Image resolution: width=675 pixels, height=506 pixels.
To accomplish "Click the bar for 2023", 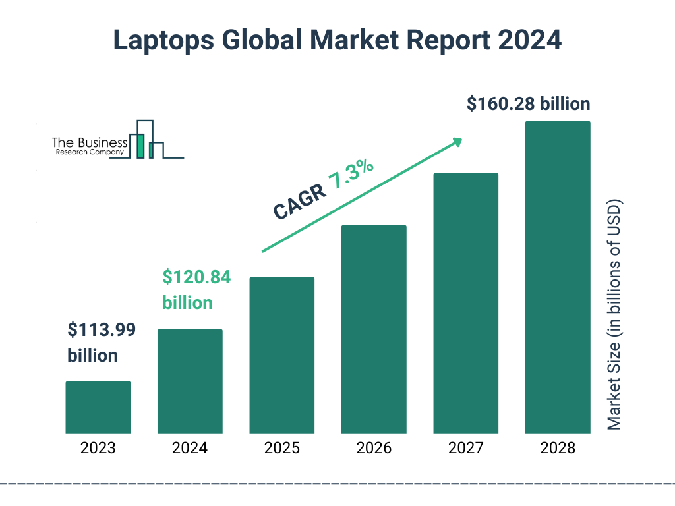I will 98,407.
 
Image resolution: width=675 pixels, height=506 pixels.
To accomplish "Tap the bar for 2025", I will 281,355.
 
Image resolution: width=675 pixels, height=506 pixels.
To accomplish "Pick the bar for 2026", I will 374,329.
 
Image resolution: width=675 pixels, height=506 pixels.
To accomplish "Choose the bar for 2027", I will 465,303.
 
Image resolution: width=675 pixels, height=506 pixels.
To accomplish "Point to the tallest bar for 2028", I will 558,277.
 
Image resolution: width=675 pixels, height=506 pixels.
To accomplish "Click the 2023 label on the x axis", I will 98,449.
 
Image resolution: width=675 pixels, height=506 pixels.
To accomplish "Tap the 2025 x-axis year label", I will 281,449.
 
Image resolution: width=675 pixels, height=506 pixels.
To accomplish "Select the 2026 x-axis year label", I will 374,449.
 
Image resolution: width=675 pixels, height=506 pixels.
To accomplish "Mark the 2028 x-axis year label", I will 558,449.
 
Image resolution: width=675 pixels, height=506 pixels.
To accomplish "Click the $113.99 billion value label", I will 102,343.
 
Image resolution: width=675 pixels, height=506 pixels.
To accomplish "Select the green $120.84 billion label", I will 196,290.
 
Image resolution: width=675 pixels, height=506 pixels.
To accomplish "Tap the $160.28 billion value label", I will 528,104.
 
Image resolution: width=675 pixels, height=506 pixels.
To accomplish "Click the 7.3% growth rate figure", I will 351,175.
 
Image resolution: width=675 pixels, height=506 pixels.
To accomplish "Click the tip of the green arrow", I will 461,140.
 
